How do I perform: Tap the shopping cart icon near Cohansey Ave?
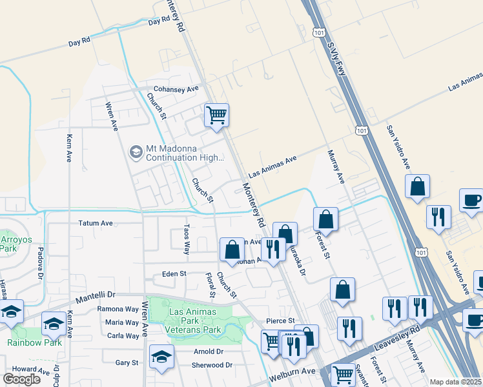click(x=217, y=115)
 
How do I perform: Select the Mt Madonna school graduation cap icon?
click(x=136, y=152)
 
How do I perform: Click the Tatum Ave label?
click(x=96, y=223)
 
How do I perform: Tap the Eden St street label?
click(x=174, y=273)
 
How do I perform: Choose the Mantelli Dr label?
click(x=95, y=298)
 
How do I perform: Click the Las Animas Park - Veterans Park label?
click(x=194, y=321)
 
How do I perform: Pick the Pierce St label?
click(x=280, y=321)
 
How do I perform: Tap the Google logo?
click(x=21, y=379)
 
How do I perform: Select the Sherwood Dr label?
click(x=212, y=364)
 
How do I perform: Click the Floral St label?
click(x=210, y=284)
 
